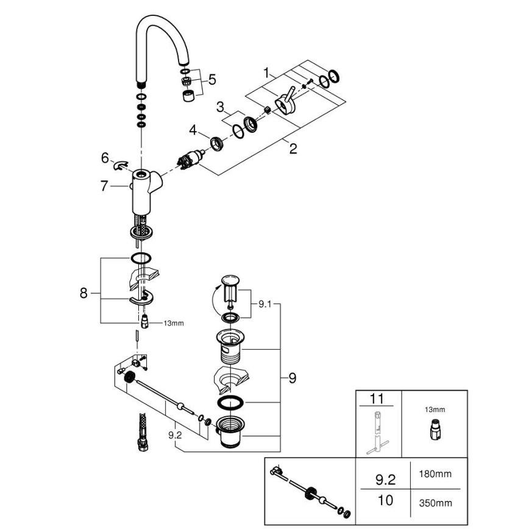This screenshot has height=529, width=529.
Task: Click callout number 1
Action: tap(266, 72)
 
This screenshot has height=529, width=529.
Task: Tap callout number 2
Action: tap(293, 147)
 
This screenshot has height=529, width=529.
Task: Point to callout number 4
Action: tap(193, 130)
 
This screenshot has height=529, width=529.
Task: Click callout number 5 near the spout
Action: tap(211, 79)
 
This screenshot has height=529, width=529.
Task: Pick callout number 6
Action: tap(105, 158)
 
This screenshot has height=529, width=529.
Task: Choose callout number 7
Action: tap(104, 186)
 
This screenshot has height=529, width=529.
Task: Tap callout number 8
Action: tap(84, 293)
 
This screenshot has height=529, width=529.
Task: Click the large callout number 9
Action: tap(292, 378)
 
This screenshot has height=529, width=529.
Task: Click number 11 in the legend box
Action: tap(377, 400)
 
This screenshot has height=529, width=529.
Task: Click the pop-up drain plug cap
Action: tap(229, 281)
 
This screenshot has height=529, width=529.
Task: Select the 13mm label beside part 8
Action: tap(173, 323)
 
